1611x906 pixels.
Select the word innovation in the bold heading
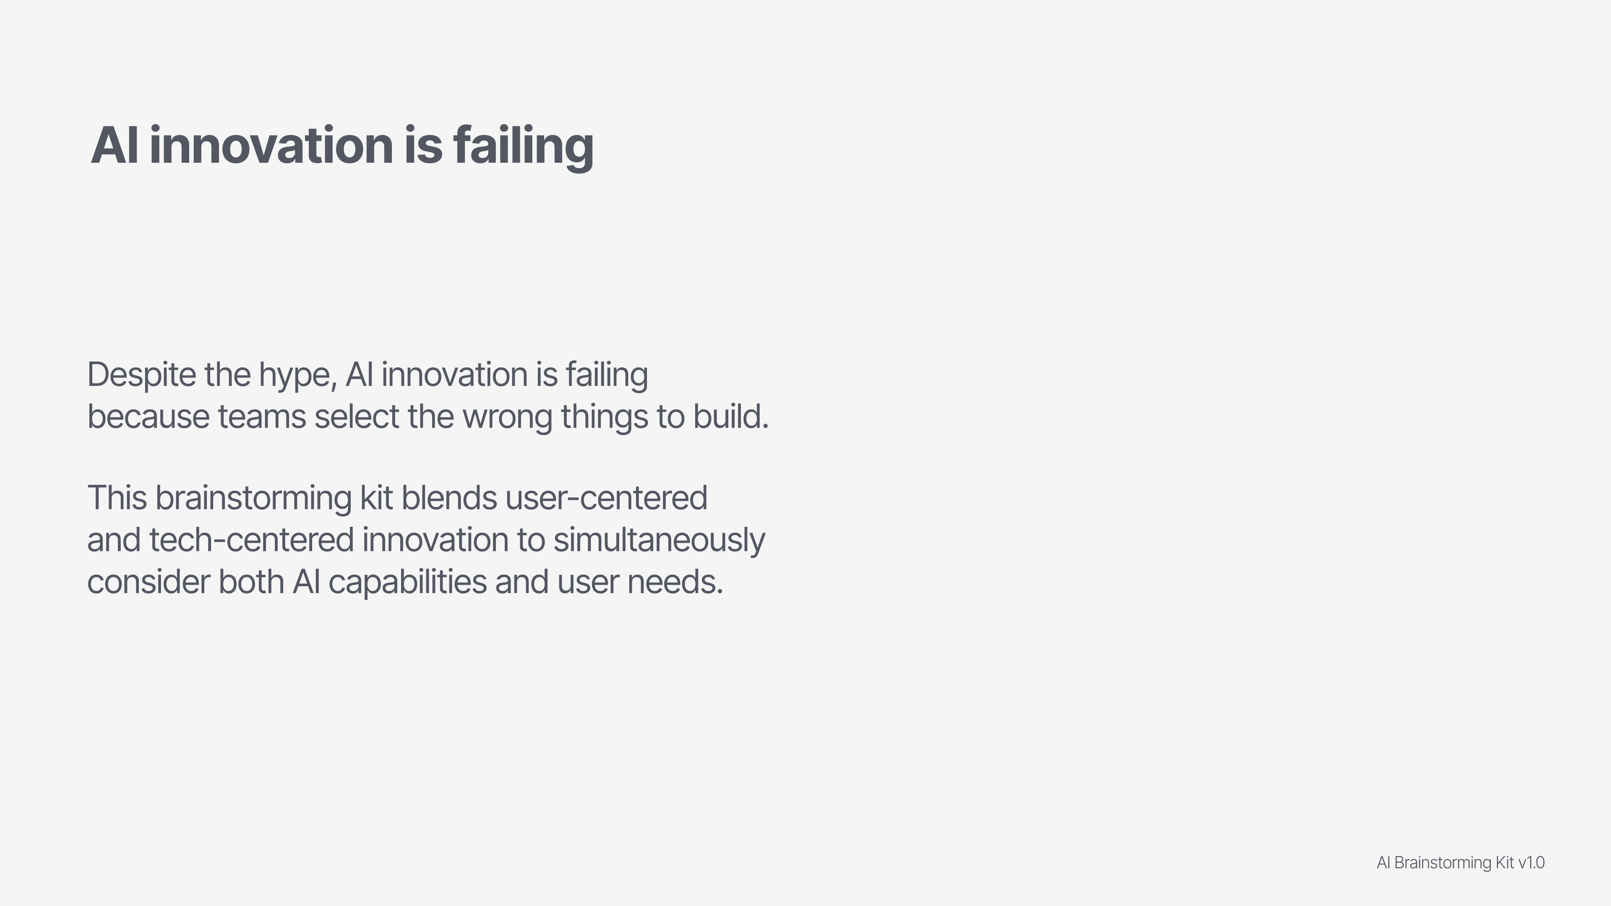point(271,145)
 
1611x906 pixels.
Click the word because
point(148,417)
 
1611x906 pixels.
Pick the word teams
point(262,417)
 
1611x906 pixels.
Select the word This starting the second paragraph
point(117,498)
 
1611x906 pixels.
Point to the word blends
point(449,498)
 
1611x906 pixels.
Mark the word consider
point(148,582)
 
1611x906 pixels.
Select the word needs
point(675,582)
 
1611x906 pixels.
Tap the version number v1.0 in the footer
point(1531,863)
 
